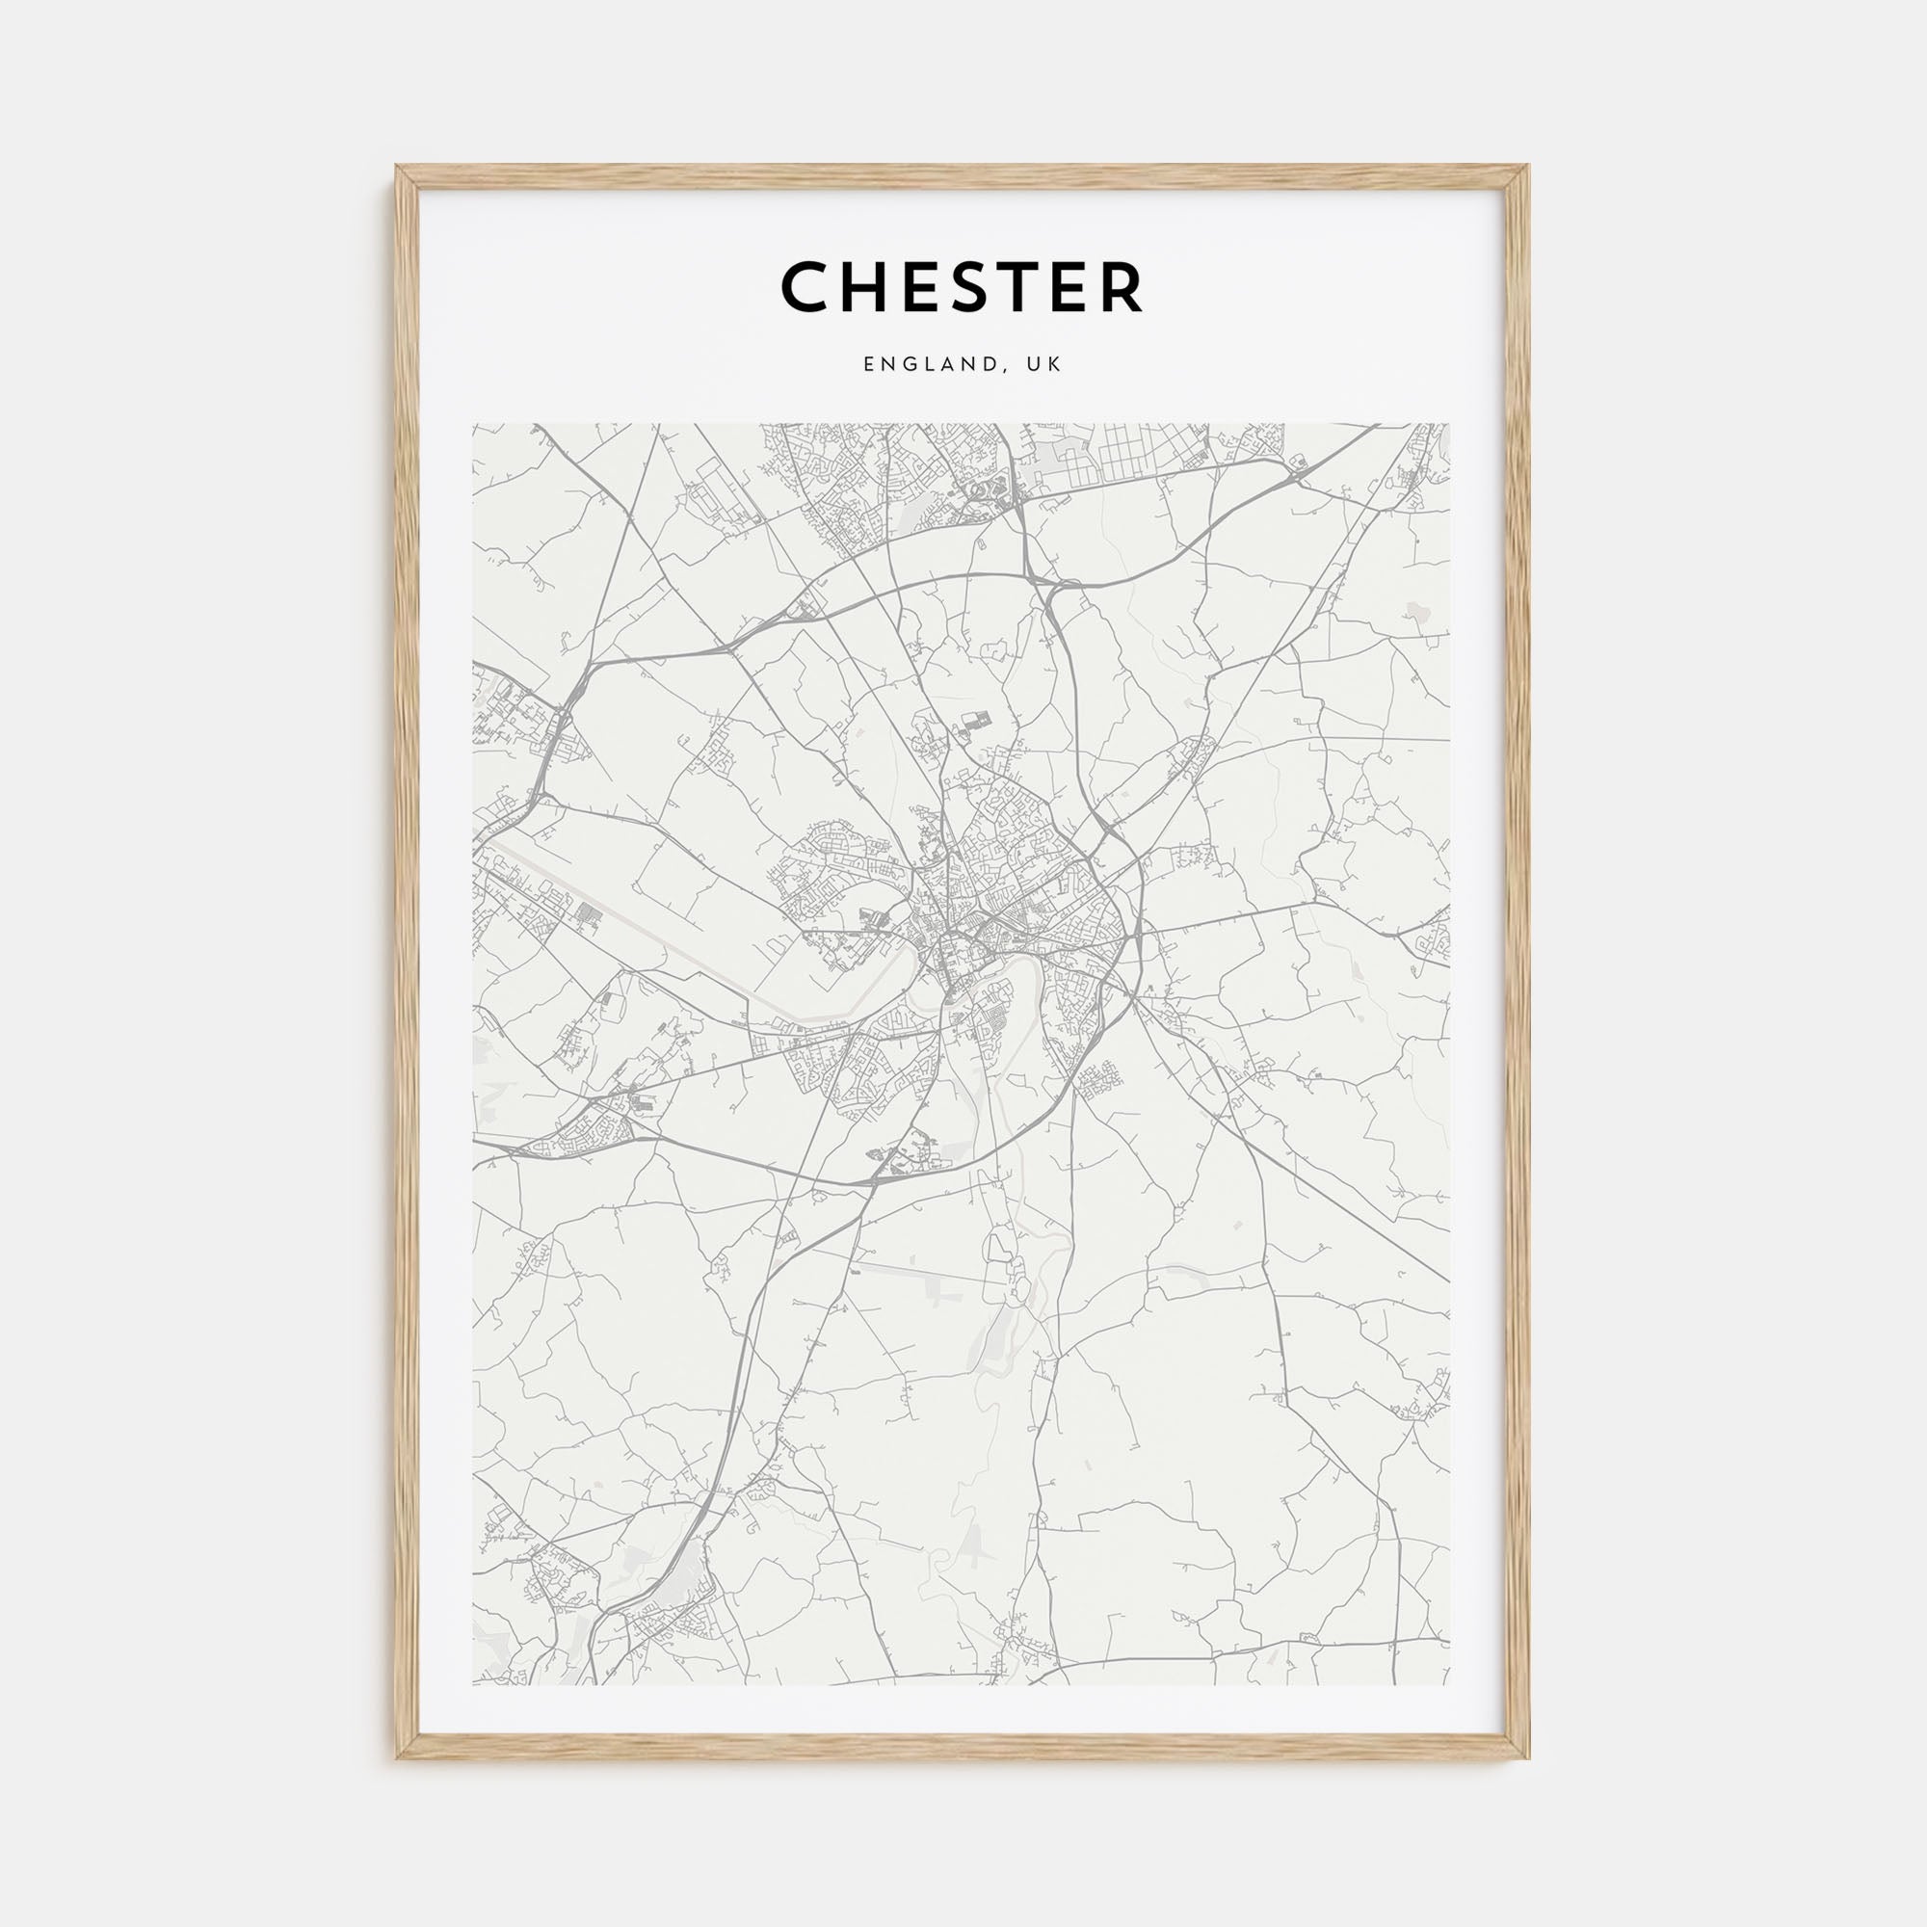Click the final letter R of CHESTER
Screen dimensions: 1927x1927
(1121, 287)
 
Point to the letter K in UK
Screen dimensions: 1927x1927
(1055, 365)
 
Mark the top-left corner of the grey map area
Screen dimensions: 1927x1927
(474, 424)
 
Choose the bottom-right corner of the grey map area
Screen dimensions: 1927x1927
(1449, 1656)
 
